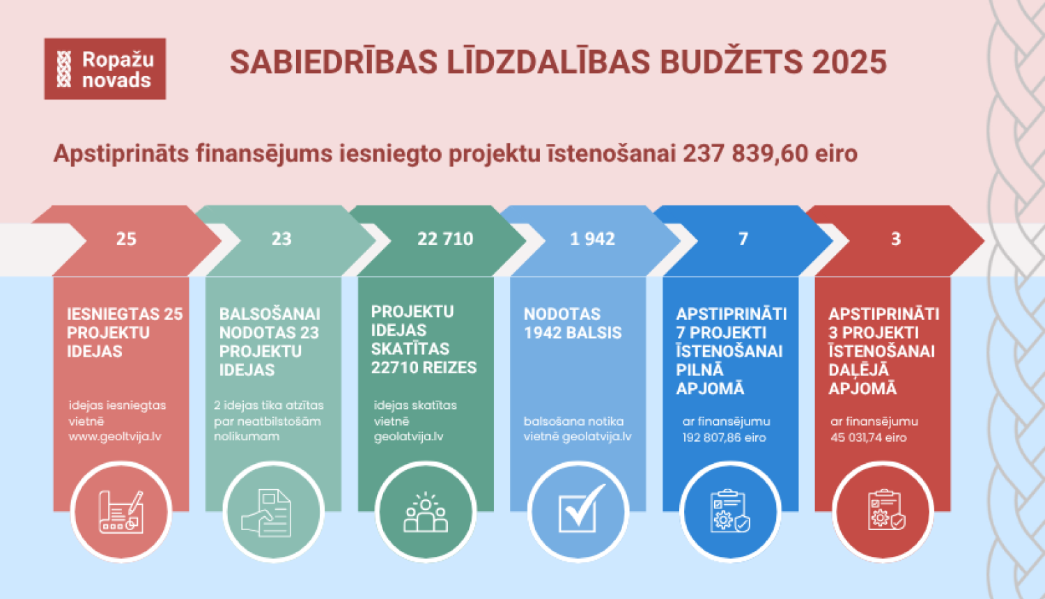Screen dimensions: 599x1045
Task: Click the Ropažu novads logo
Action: tap(105, 69)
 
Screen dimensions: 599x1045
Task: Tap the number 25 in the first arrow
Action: tap(126, 239)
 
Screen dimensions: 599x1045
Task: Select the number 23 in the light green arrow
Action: tap(281, 239)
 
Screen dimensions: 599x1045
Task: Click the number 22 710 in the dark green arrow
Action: tap(445, 239)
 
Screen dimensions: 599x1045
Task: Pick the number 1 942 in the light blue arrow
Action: tap(592, 239)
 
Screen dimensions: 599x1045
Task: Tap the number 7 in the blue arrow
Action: tap(743, 239)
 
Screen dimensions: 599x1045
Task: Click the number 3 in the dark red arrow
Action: tap(896, 239)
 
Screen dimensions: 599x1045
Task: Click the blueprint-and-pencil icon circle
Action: tap(121, 512)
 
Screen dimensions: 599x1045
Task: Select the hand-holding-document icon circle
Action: tap(273, 512)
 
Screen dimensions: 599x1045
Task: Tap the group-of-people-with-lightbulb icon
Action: tap(426, 512)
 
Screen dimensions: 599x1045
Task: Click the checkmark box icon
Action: tap(578, 512)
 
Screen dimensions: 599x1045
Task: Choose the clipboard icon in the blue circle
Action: tap(730, 512)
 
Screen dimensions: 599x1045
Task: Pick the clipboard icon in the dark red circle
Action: tap(883, 512)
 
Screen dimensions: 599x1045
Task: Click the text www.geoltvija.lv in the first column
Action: tap(115, 437)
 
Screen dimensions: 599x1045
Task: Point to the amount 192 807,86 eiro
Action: tap(724, 437)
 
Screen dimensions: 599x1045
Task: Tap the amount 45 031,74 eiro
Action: tap(868, 437)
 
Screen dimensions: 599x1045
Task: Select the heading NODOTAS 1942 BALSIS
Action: tap(573, 323)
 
